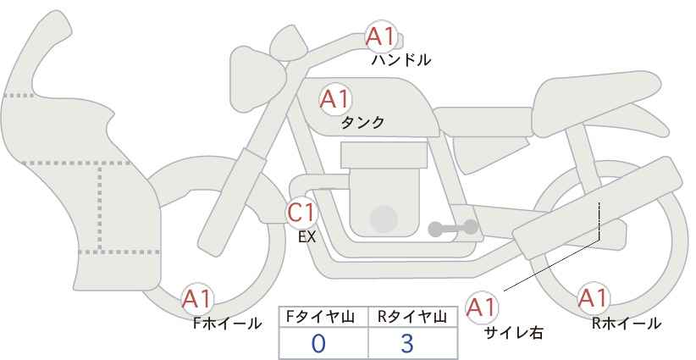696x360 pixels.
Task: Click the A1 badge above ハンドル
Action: click(x=381, y=37)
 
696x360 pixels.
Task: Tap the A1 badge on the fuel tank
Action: click(x=334, y=100)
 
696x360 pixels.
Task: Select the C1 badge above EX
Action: click(x=301, y=213)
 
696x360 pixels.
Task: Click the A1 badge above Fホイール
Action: click(x=197, y=299)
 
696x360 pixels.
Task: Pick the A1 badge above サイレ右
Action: click(x=482, y=307)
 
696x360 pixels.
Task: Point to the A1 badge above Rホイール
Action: click(x=592, y=298)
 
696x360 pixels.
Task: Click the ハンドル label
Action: click(x=400, y=60)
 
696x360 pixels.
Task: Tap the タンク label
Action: click(x=362, y=123)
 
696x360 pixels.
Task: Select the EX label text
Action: click(x=307, y=237)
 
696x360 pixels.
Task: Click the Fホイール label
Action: click(x=227, y=324)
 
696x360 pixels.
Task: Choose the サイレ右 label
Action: click(x=514, y=333)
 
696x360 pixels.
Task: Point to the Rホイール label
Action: click(x=627, y=324)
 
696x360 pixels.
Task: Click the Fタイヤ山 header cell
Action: click(x=323, y=317)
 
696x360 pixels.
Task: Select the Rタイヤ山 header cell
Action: click(x=413, y=317)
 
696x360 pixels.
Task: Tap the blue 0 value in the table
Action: click(x=318, y=343)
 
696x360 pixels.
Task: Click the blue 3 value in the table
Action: click(x=406, y=343)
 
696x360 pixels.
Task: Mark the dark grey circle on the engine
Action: click(x=384, y=219)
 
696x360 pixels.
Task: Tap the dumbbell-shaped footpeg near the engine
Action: click(x=453, y=228)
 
